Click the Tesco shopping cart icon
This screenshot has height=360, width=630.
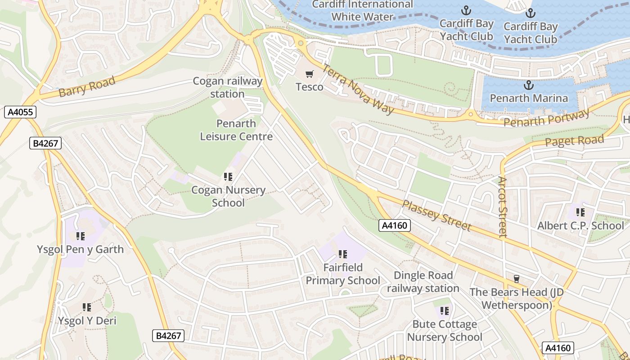309,74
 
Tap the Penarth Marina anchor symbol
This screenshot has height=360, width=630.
529,85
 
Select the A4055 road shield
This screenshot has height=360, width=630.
20,112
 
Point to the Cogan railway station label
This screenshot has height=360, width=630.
227,88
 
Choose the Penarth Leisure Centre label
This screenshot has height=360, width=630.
236,130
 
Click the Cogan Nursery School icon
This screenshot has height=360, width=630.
228,177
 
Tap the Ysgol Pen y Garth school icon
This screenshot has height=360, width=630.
81,236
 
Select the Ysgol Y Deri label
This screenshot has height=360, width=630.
87,321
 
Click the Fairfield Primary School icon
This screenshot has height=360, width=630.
343,255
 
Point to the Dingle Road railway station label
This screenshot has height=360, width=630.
423,282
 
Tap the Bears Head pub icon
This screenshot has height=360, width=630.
516,279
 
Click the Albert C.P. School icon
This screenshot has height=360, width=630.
580,212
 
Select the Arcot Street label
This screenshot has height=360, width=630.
503,207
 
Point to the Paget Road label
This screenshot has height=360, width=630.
574,141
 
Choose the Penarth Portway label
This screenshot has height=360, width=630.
546,119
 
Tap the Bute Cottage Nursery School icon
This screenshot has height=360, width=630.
445,311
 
